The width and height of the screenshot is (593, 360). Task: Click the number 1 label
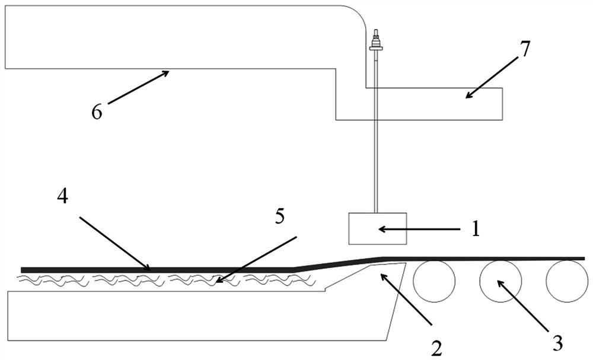pyautogui.click(x=475, y=229)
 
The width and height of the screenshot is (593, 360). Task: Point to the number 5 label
pyautogui.click(x=279, y=216)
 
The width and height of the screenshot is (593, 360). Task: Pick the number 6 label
pyautogui.click(x=97, y=111)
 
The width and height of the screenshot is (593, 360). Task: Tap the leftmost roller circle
pyautogui.click(x=433, y=281)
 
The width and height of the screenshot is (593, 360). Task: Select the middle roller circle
pyautogui.click(x=500, y=281)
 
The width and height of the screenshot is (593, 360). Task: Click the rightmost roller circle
pyautogui.click(x=567, y=281)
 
